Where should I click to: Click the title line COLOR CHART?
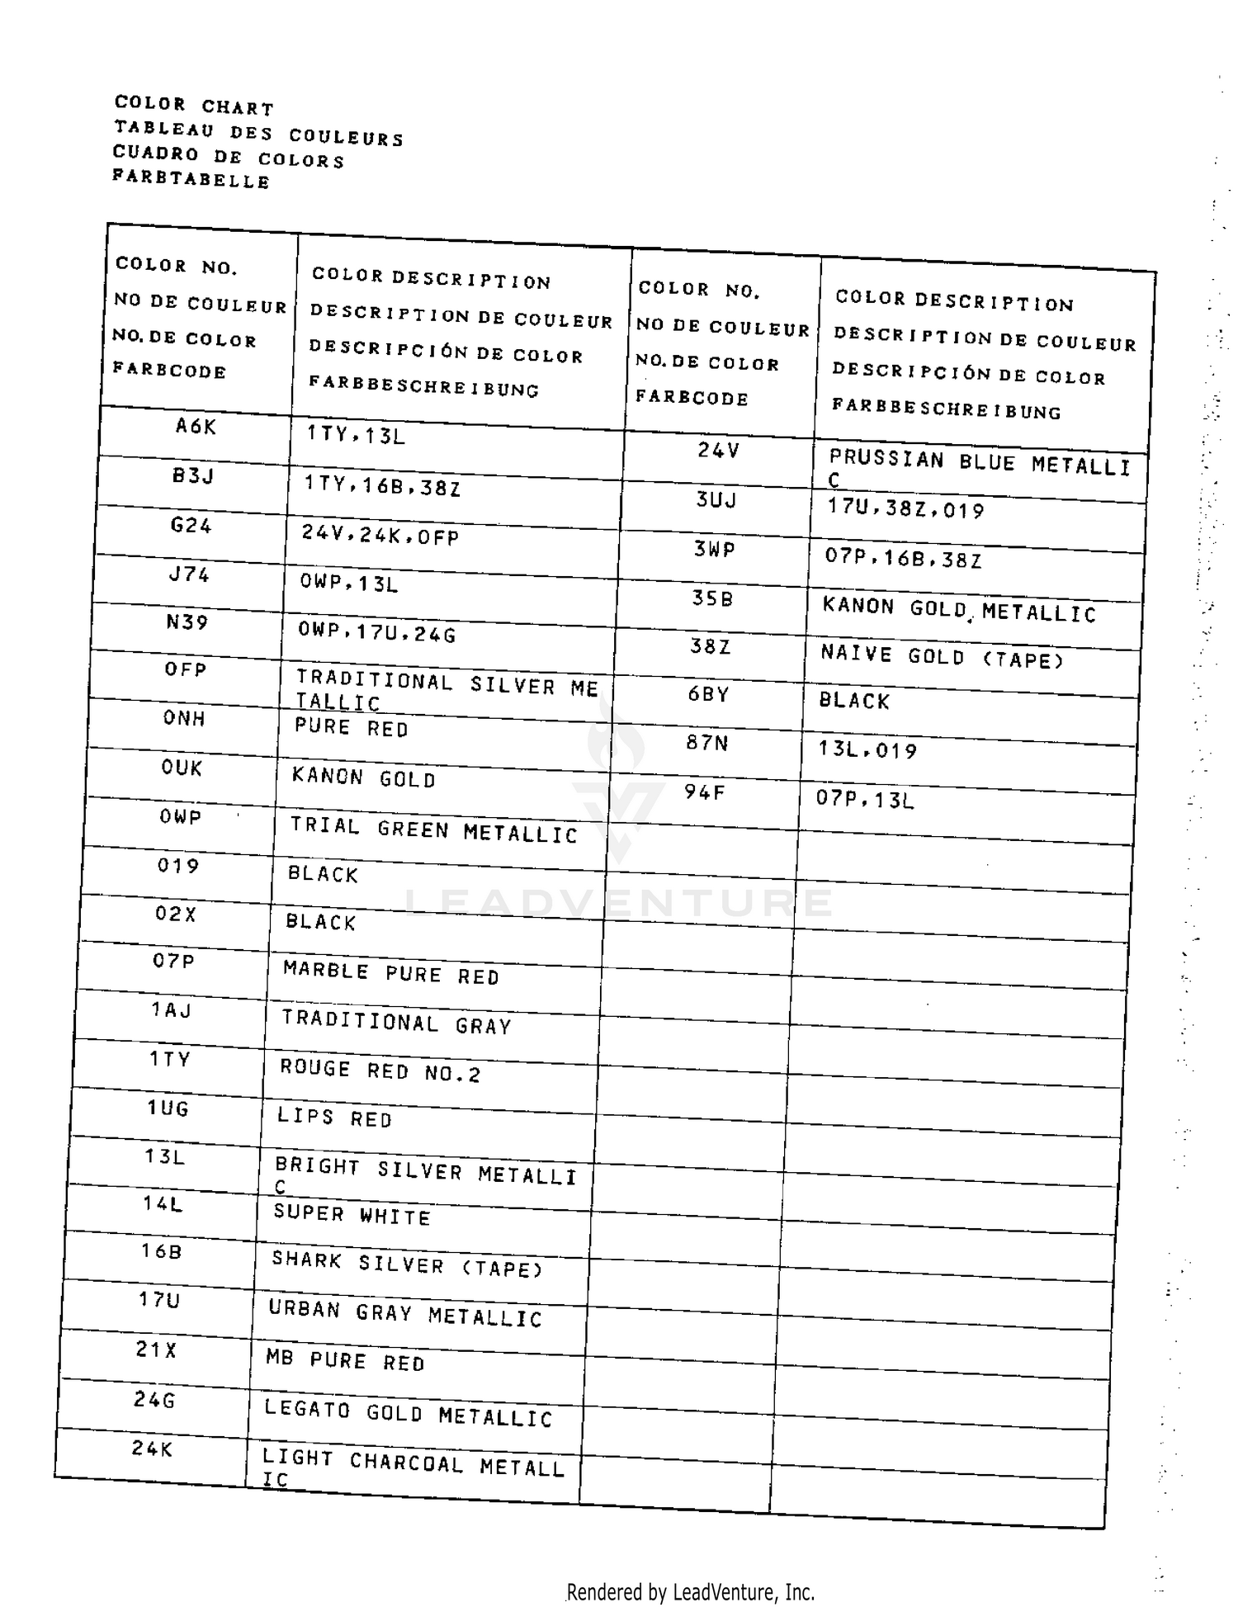point(194,105)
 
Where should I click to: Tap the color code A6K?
point(196,426)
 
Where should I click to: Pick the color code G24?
point(191,525)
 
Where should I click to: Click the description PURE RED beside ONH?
point(352,728)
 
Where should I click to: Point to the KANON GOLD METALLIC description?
point(959,610)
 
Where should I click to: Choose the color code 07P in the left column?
point(173,961)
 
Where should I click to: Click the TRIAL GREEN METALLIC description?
point(433,830)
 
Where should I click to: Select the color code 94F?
point(704,793)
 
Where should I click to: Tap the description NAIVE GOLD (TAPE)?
point(943,657)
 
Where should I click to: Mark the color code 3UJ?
point(716,500)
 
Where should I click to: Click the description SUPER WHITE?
point(352,1215)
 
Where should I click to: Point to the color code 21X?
point(156,1350)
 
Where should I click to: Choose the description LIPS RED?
point(334,1118)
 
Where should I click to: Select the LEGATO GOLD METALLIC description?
point(408,1414)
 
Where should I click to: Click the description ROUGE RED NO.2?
point(380,1071)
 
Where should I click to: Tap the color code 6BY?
point(709,694)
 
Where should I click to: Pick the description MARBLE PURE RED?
point(391,973)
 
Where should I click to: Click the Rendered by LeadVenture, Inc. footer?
point(690,1592)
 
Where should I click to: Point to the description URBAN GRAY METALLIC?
point(405,1314)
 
